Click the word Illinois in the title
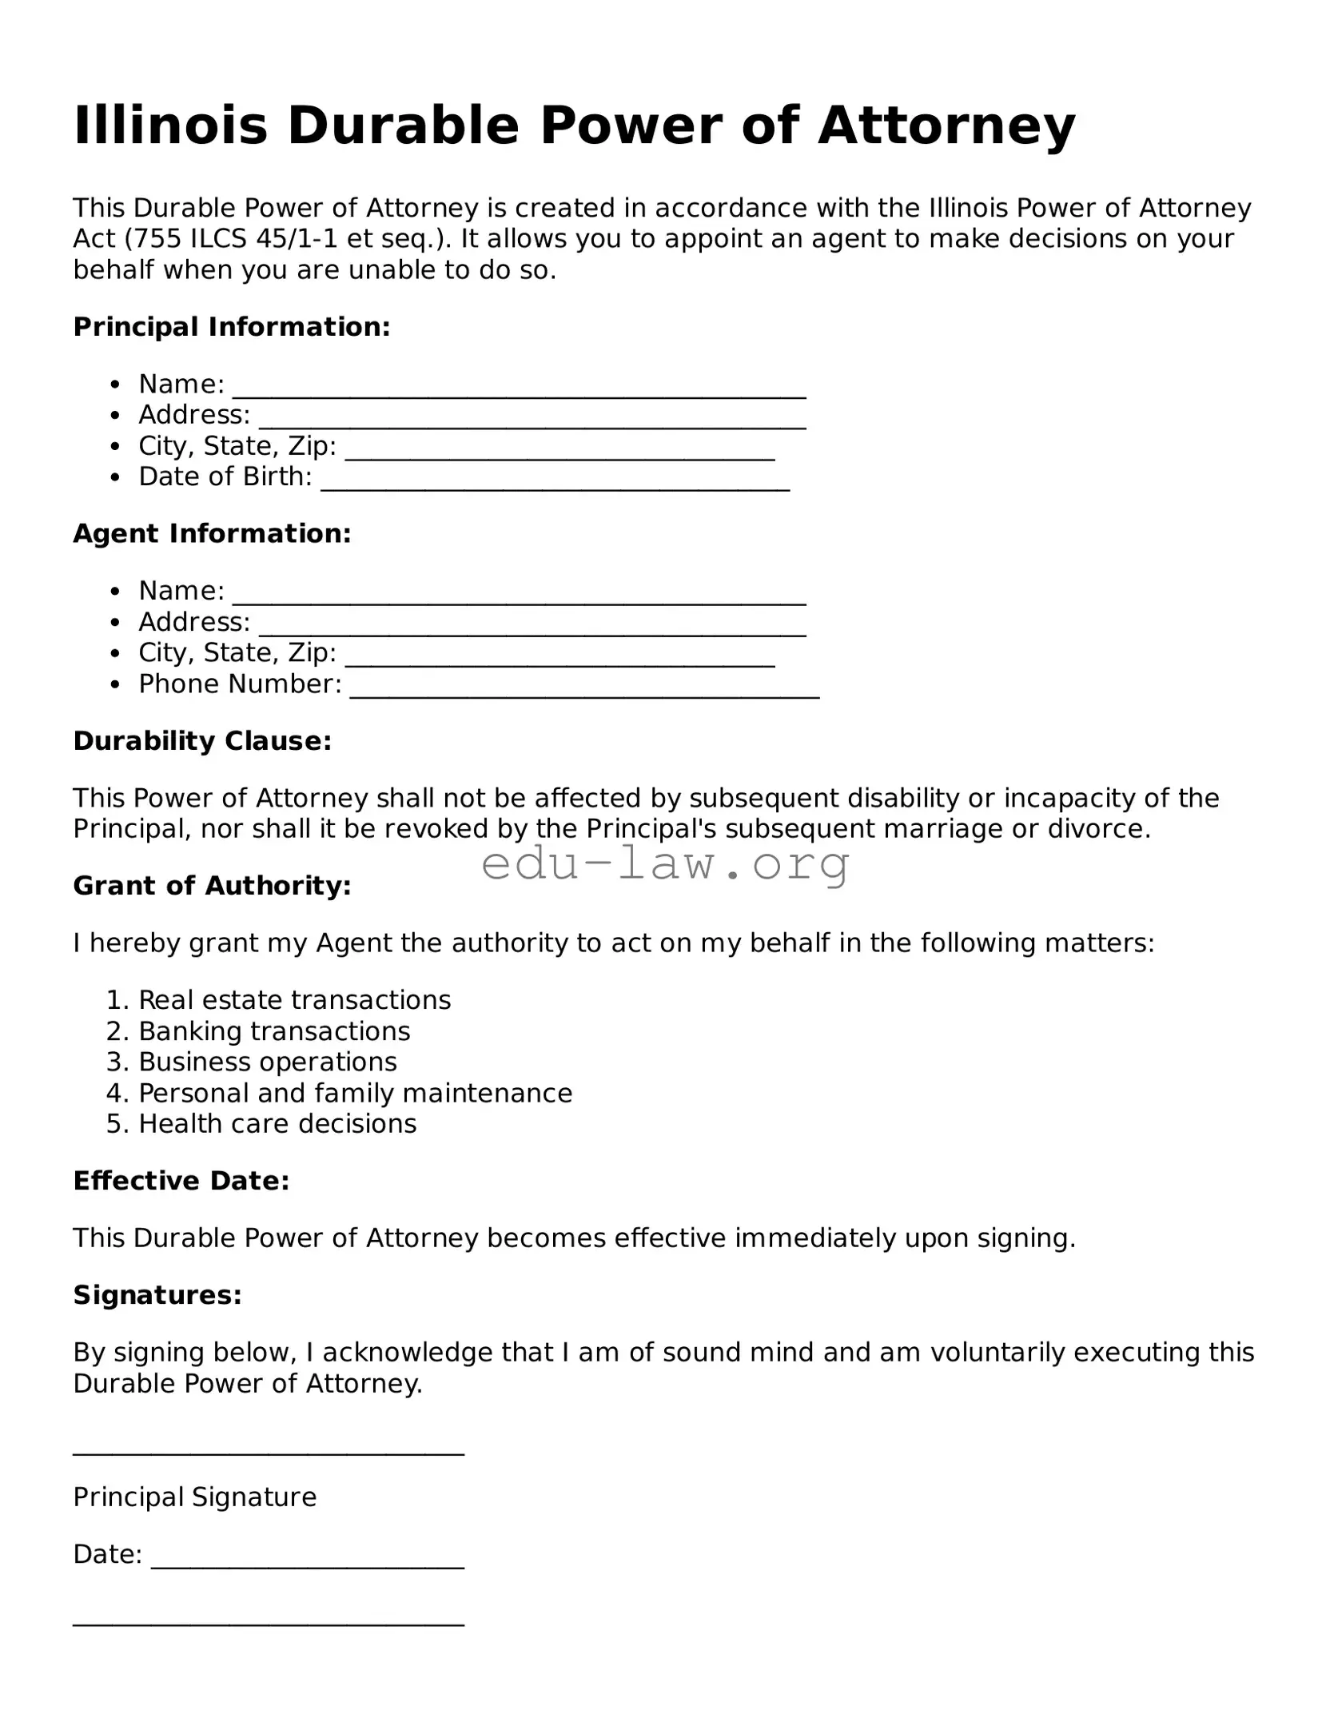click(x=170, y=126)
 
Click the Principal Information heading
click(x=232, y=327)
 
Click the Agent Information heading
click(x=212, y=534)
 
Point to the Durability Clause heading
click(x=202, y=741)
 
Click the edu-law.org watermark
click(x=665, y=865)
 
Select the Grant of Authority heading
click(x=212, y=886)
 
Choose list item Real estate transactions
click(x=294, y=1000)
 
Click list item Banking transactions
click(x=274, y=1031)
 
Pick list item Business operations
click(x=268, y=1062)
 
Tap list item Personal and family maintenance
click(x=355, y=1093)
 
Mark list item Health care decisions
click(x=277, y=1124)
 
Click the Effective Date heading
click(x=181, y=1181)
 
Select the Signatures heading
click(x=157, y=1295)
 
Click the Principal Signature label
click(x=194, y=1497)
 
